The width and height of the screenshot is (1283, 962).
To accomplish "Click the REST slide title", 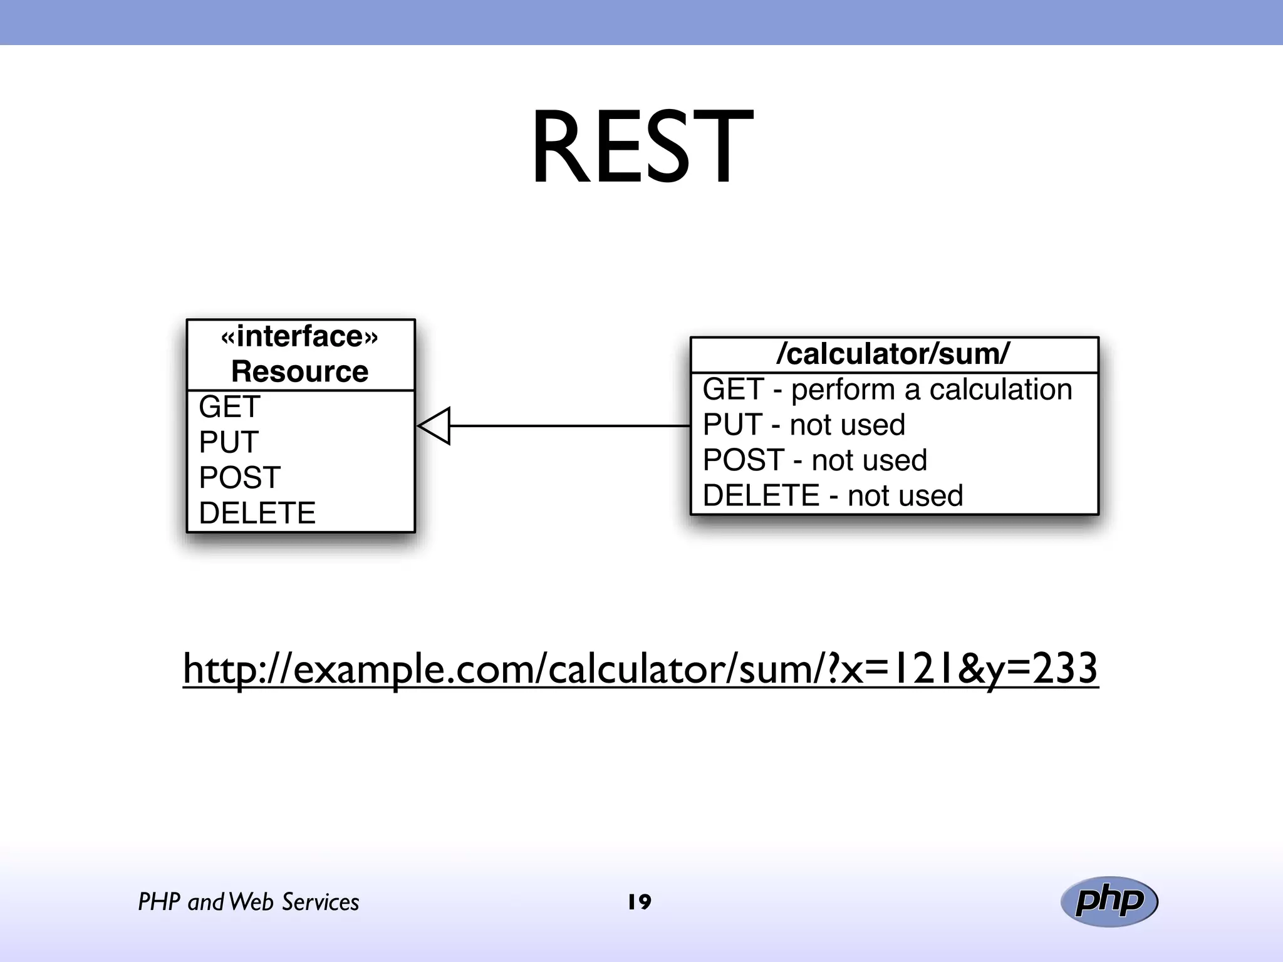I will click(641, 148).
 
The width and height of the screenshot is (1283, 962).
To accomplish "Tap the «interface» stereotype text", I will click(299, 337).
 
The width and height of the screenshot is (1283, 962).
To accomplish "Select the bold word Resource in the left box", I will click(299, 371).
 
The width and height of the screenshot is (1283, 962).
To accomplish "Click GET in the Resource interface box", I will click(229, 407).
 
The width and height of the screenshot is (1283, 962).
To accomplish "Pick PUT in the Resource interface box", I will click(229, 442).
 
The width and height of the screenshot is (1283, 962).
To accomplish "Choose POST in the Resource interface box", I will click(239, 478).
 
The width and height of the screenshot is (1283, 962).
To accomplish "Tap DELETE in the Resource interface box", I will click(257, 513).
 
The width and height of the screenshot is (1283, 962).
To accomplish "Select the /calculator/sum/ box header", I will click(893, 354).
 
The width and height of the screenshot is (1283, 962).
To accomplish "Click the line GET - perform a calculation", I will click(887, 390).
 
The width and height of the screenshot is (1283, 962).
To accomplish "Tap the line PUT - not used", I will click(804, 425).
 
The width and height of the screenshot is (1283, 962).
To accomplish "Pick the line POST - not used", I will click(814, 460).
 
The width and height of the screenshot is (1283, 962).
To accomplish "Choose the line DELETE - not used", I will click(833, 496).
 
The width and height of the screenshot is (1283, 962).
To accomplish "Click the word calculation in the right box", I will click(1000, 390).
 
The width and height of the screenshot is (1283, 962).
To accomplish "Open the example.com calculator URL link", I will click(640, 669).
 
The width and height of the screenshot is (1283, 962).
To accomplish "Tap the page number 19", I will click(640, 902).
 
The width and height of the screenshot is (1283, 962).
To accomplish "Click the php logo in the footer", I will click(1109, 902).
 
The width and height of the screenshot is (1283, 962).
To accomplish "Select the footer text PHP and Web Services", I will click(248, 902).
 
